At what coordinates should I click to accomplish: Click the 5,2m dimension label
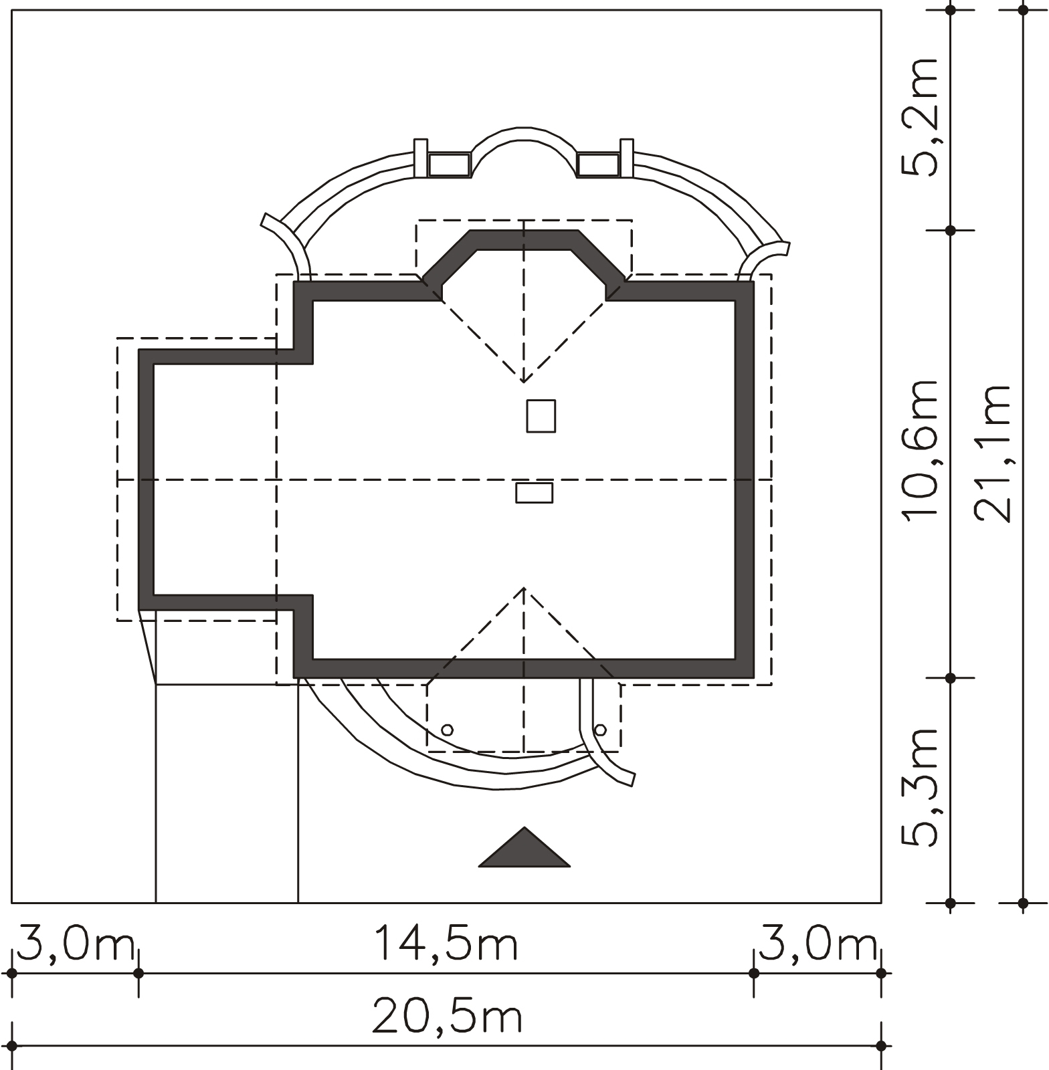coord(921,117)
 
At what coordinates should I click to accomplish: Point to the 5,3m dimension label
coord(921,788)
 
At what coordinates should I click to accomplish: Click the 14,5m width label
coord(446,943)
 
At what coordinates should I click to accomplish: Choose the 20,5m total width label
coord(447,1016)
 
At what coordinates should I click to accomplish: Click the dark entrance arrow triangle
coord(524,848)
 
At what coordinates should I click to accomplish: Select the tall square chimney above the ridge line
coord(541,416)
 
